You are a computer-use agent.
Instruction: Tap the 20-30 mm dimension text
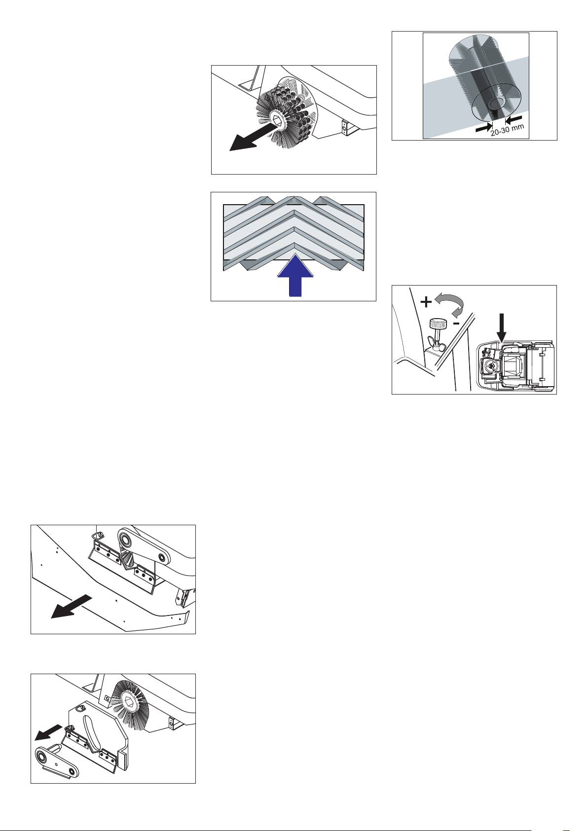[507, 130]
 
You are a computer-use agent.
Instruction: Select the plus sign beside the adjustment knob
[426, 302]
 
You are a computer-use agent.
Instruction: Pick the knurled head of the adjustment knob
[438, 324]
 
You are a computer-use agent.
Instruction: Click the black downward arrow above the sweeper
[502, 327]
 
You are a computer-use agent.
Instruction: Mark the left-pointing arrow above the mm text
[514, 119]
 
